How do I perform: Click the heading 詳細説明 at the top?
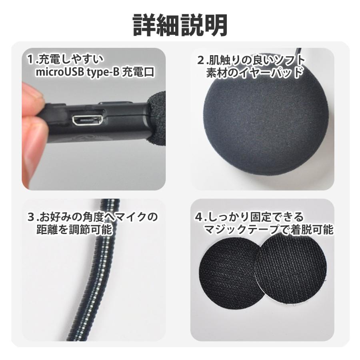tap(180, 25)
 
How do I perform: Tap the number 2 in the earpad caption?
tap(201, 61)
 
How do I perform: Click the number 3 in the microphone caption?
tap(31, 217)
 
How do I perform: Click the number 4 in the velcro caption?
tap(199, 217)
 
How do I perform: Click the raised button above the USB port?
tap(116, 103)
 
